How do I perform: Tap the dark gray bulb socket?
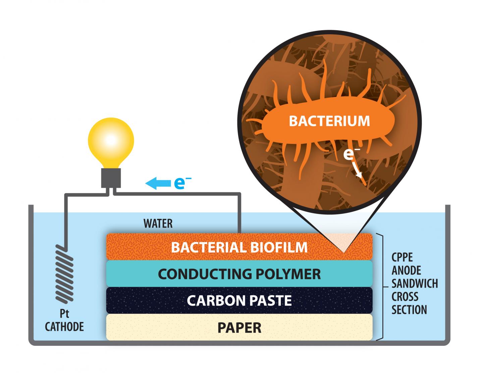pos(111,178)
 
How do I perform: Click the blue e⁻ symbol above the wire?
pos(182,183)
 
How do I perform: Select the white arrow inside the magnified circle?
pos(358,170)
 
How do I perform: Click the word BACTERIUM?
pos(329,121)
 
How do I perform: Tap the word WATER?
pos(158,224)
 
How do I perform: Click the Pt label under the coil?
pos(64,314)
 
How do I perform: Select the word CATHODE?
pos(64,327)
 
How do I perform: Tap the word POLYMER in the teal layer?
pos(288,274)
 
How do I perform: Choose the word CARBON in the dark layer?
pos(215,300)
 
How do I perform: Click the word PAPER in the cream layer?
pos(239,327)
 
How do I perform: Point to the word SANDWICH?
pos(415,284)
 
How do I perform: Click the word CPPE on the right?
pos(402,257)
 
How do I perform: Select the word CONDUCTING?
pos(205,274)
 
